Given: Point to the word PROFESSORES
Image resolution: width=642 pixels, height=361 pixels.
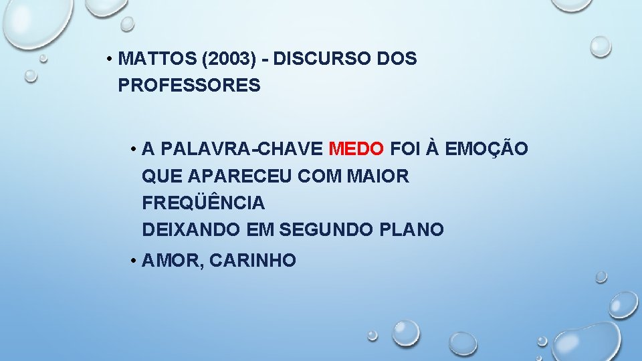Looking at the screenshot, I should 189,86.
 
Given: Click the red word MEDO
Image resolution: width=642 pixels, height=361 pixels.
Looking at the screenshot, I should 357,148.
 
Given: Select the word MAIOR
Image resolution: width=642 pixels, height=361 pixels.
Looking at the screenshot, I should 379,176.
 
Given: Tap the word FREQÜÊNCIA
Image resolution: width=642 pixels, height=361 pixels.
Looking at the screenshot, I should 203,202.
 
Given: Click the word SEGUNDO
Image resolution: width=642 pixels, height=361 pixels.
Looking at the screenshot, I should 320,229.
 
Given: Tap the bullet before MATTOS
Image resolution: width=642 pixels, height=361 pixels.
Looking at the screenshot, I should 108,59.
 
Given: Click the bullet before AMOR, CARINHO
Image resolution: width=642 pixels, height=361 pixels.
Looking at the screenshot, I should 134,261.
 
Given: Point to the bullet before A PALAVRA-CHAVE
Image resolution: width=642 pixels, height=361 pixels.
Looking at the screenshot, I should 134,148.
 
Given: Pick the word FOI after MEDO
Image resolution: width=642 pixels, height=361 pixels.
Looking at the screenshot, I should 404,148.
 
